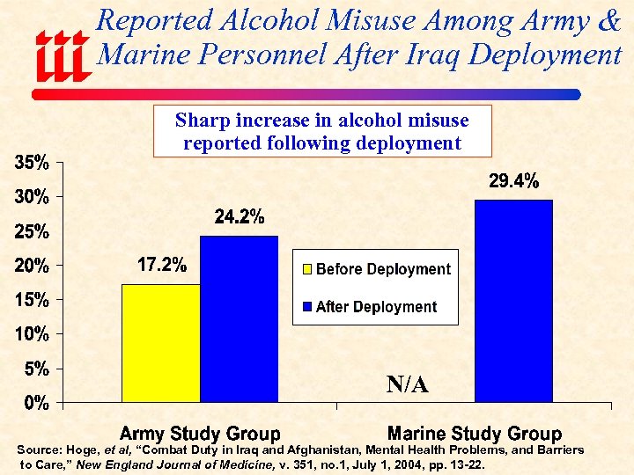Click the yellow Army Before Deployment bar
coord(161,343)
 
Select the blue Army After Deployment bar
coord(240,318)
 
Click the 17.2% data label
coord(161,265)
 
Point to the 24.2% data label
coord(240,217)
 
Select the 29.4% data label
coord(513,182)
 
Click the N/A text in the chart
coord(408,384)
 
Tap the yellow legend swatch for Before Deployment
coord(307,269)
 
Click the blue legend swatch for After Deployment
coord(307,307)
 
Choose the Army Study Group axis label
coord(200,434)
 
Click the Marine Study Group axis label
coord(475,434)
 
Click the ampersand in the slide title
coord(608,21)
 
